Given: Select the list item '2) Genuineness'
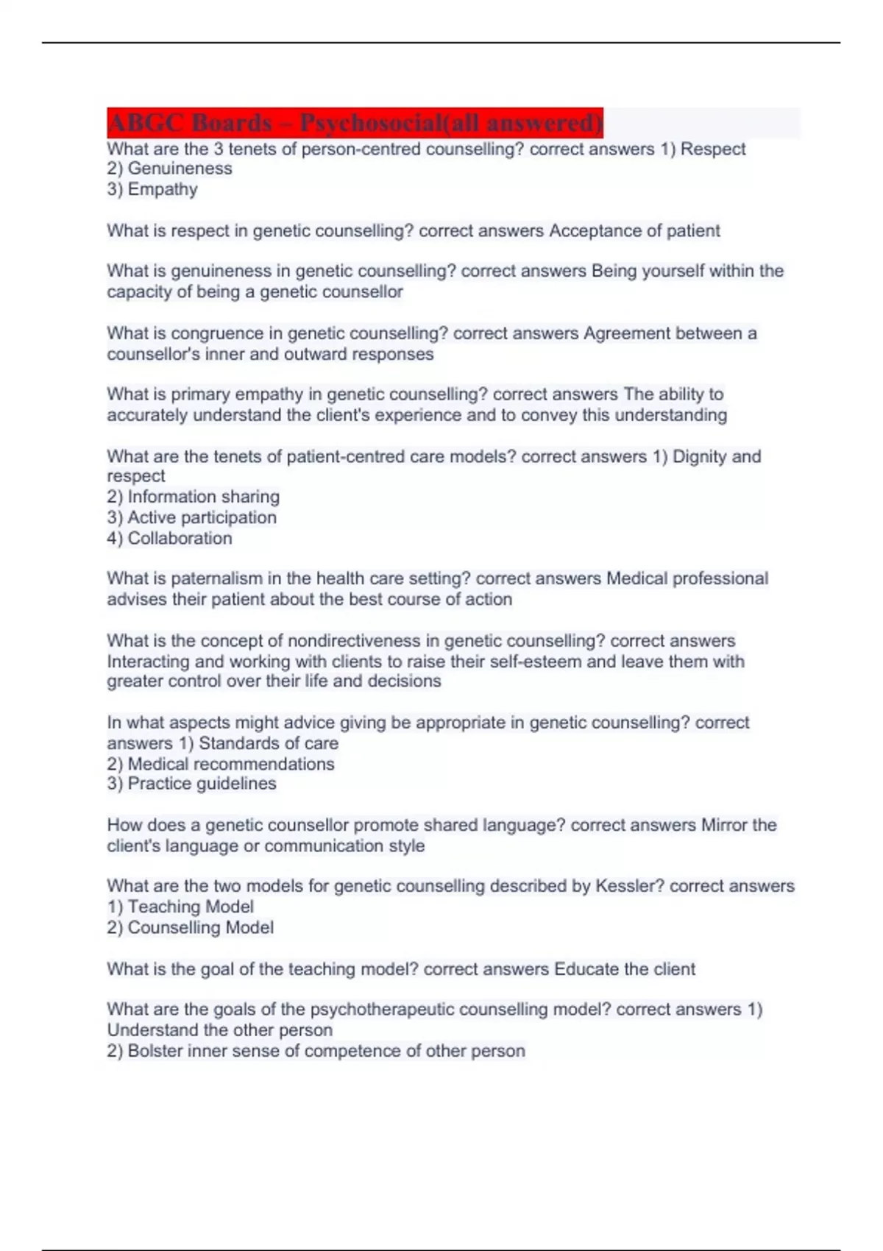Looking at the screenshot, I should point(169,169).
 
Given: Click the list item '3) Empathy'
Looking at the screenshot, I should point(152,189).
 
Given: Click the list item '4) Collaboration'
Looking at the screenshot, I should point(169,538).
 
